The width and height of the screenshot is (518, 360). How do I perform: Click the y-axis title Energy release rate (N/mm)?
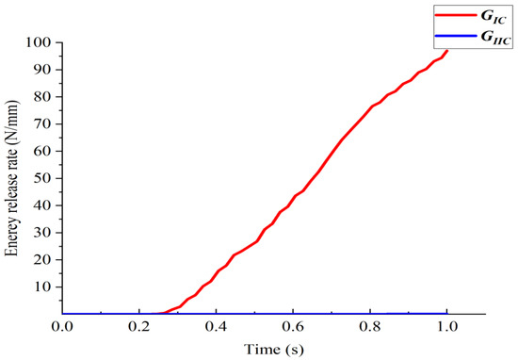[12, 177]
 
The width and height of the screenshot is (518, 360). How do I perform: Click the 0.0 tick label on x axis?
[63, 327]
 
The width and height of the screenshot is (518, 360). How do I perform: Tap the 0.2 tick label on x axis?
[139, 327]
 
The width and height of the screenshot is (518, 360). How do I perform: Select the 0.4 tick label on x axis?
[217, 327]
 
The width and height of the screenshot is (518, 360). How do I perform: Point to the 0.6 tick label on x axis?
[293, 327]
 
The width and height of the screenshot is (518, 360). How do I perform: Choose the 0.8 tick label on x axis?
[370, 327]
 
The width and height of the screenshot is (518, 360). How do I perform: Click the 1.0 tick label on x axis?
[446, 327]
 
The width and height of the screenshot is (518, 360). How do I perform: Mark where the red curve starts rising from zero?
[160, 313]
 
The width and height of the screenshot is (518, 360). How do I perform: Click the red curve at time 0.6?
[293, 197]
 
